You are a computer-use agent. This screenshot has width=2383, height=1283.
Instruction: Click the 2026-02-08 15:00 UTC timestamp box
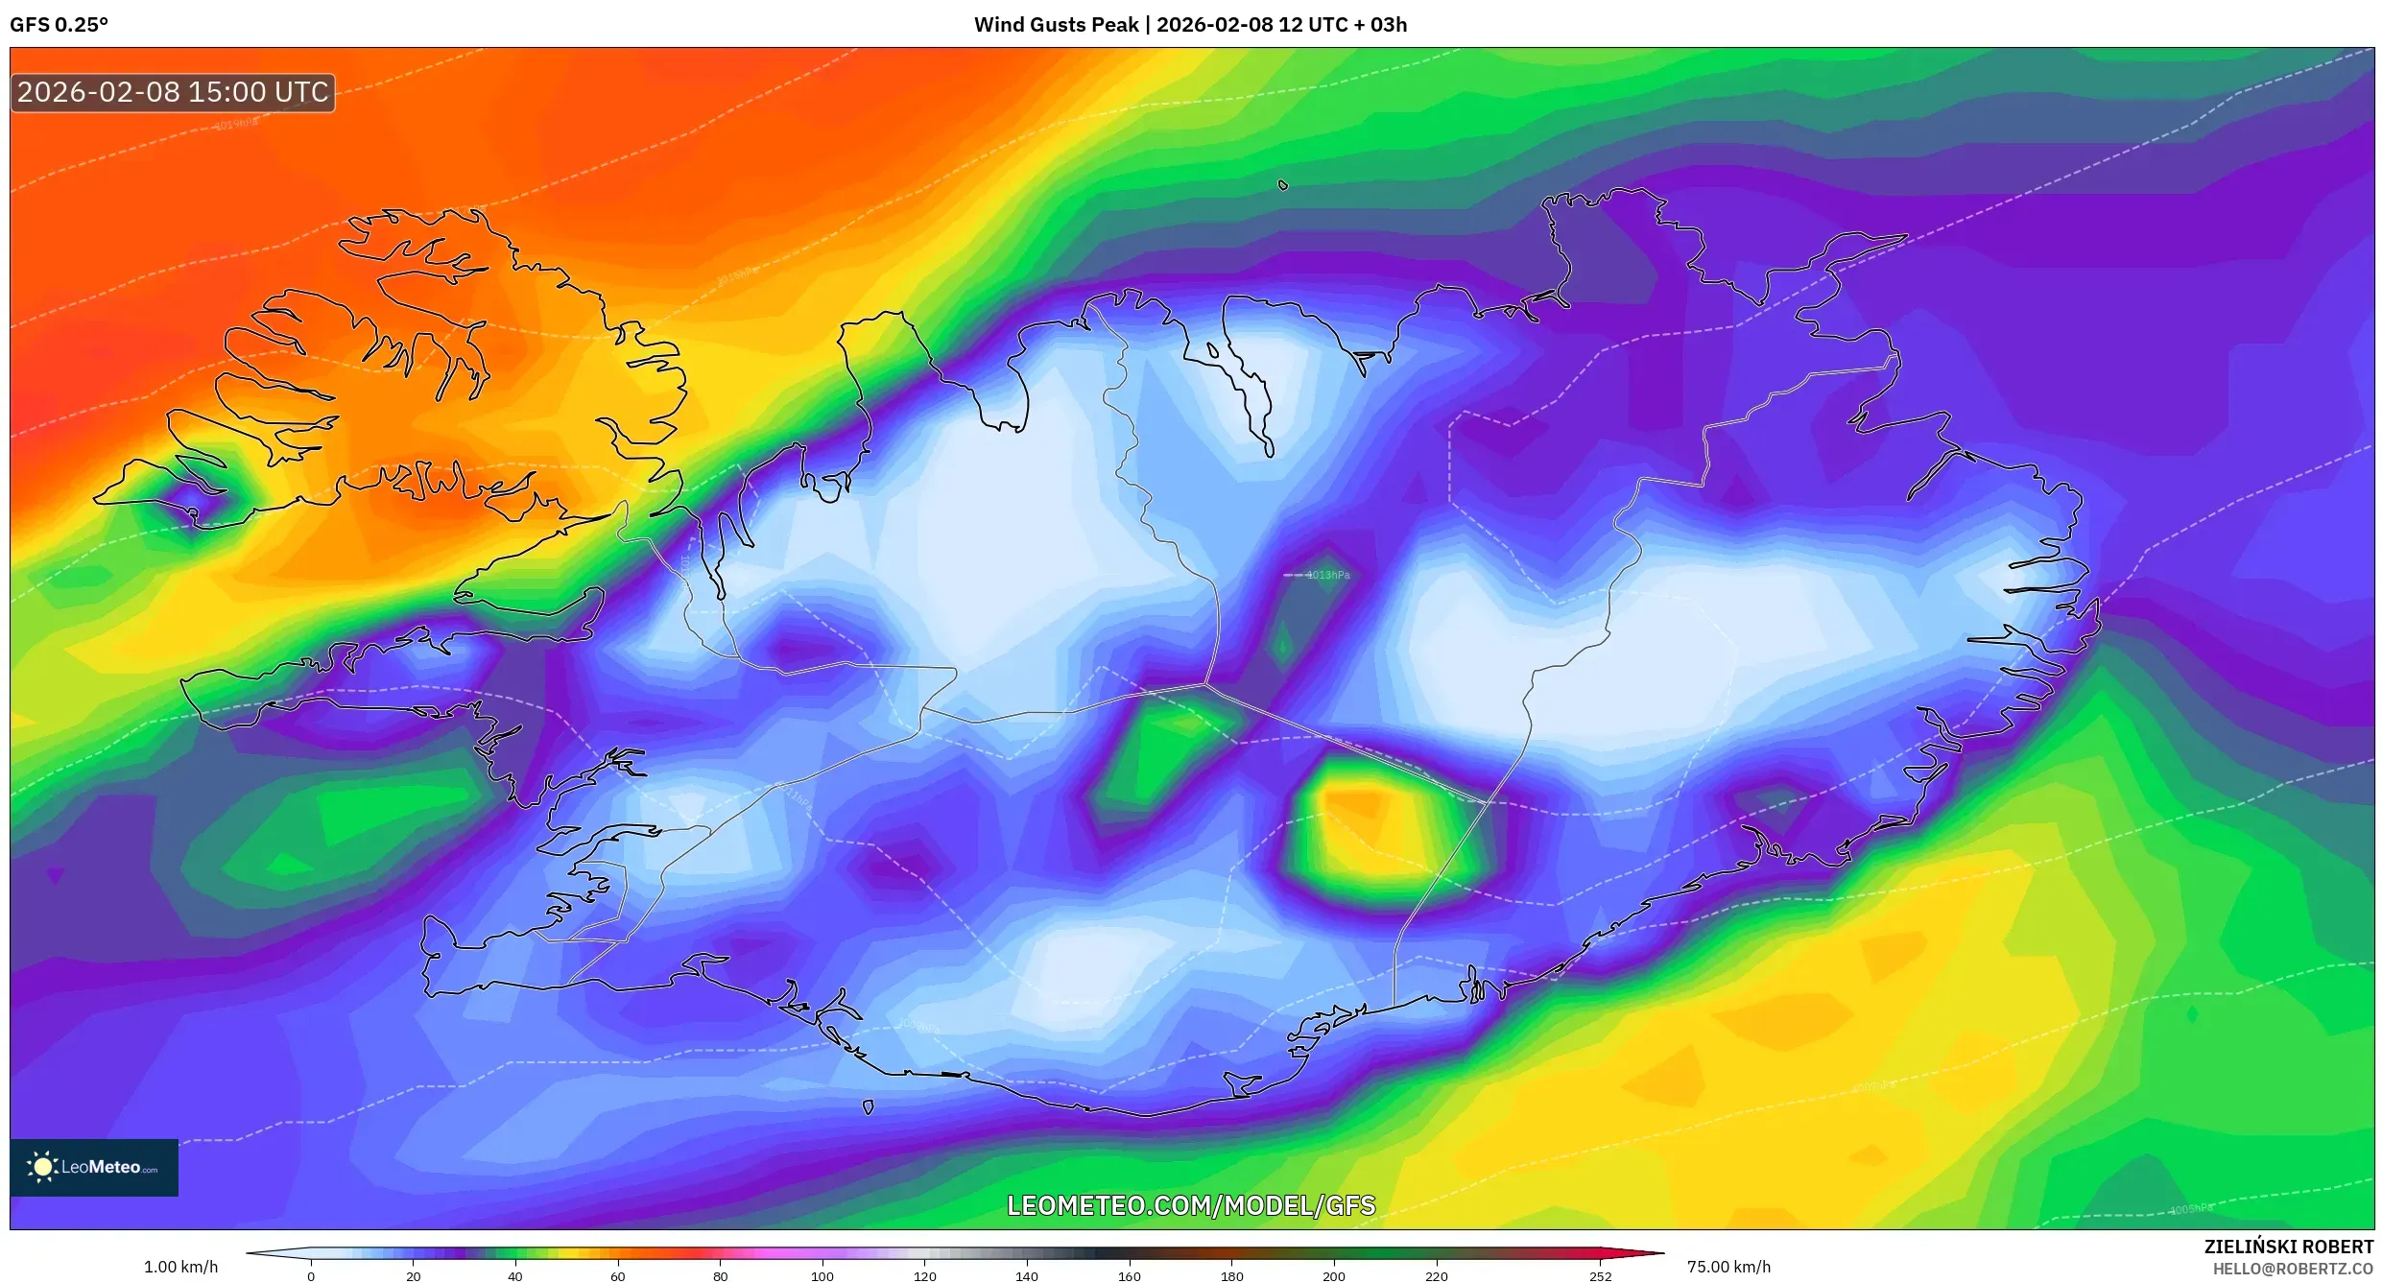[x=173, y=92]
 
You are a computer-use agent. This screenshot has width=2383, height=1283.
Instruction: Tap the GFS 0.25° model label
[x=59, y=25]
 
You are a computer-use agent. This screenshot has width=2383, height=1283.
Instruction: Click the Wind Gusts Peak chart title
[x=1190, y=25]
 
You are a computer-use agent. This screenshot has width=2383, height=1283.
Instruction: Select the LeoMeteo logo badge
[x=94, y=1167]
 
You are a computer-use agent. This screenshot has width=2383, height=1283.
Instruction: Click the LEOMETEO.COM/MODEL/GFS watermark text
[x=1190, y=1205]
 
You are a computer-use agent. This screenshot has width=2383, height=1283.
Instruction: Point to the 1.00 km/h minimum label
[x=180, y=1267]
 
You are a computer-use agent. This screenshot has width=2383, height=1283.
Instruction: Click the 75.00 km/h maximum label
[x=1728, y=1267]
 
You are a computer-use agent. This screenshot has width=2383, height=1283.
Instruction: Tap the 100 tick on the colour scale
[x=822, y=1276]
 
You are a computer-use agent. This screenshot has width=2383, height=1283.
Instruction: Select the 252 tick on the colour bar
[x=1600, y=1276]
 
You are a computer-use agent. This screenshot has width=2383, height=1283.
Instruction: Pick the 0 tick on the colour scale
[x=311, y=1276]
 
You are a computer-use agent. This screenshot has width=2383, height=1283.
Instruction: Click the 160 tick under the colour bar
[x=1130, y=1276]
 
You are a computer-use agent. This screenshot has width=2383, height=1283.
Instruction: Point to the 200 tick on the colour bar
[x=1334, y=1276]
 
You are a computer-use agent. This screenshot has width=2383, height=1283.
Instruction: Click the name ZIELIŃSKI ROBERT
[x=2288, y=1247]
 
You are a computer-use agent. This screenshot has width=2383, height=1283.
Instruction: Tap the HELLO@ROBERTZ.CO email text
[x=2293, y=1269]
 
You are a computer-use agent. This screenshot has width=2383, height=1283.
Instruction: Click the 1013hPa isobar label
[x=1328, y=575]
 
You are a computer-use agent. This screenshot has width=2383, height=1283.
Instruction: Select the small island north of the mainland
[x=1283, y=185]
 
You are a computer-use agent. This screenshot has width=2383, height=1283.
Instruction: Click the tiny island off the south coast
[x=869, y=1107]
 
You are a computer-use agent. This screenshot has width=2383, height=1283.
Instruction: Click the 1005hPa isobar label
[x=2191, y=1209]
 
